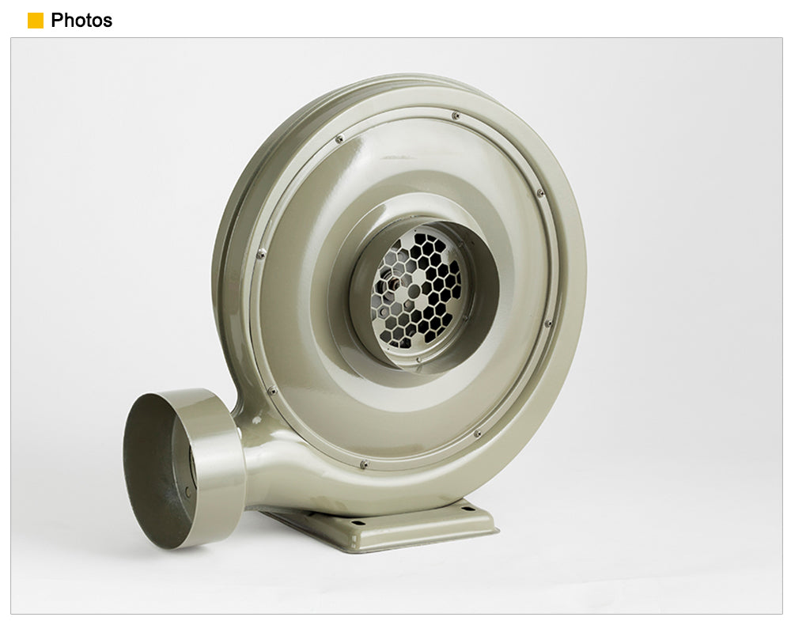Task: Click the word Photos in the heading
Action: (81, 21)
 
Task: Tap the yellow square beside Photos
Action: (36, 21)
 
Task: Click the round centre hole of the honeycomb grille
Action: (414, 291)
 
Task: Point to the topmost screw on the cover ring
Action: (456, 115)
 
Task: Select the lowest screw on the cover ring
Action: (363, 464)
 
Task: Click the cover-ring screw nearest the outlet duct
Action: (272, 391)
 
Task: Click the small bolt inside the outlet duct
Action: (187, 492)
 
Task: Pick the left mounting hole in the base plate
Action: (358, 523)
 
